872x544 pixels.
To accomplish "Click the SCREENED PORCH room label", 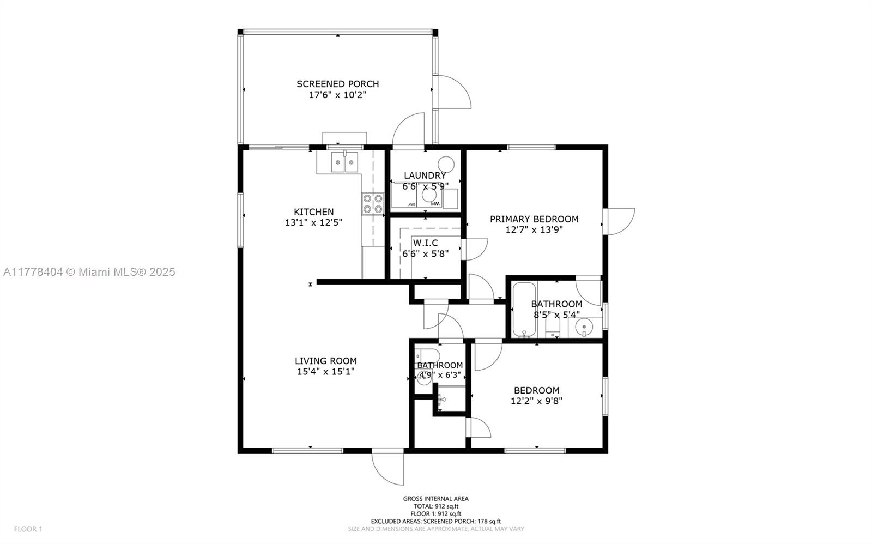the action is (x=337, y=84).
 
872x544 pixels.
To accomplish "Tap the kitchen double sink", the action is (x=344, y=161).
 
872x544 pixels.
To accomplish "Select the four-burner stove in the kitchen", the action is (x=373, y=204).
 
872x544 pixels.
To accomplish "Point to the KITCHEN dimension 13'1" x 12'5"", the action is (x=314, y=223).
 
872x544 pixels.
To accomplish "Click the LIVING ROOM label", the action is (x=326, y=361).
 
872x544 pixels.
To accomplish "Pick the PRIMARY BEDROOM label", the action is (x=534, y=219).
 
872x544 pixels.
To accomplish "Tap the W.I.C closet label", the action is (x=426, y=243).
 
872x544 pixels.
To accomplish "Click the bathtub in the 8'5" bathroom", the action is (x=524, y=309).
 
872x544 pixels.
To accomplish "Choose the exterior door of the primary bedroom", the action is (x=619, y=221).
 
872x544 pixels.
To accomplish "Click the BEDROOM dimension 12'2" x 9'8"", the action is (x=536, y=401).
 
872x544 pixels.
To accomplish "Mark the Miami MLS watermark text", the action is (x=89, y=272).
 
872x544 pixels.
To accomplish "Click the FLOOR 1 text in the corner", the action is (x=28, y=529).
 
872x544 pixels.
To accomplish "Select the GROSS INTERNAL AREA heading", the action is (x=435, y=499).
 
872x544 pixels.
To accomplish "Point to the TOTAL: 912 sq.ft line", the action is (x=435, y=506).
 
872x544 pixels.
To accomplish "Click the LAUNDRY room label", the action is (x=425, y=176).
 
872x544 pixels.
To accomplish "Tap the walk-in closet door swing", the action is (x=475, y=249).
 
